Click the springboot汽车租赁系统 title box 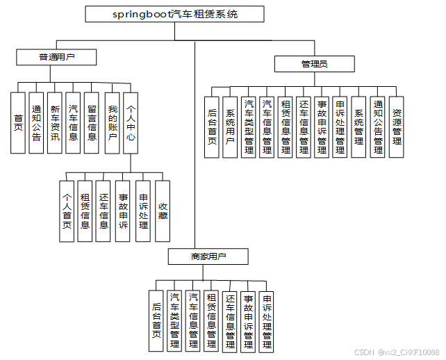(174, 14)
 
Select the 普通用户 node (56, 56)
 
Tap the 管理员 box (314, 64)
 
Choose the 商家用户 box (208, 257)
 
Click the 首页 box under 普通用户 (19, 122)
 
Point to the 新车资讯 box (55, 122)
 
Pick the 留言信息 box (92, 122)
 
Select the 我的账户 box (112, 122)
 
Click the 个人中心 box (131, 122)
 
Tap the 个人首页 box (67, 211)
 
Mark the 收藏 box (163, 211)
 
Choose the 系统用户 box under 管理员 (231, 127)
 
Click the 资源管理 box (396, 127)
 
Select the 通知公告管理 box (378, 127)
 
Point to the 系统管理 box (358, 127)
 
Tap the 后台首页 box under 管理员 (213, 127)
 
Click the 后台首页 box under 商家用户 (157, 320)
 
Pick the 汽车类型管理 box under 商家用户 (175, 320)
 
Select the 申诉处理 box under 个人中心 (143, 211)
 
